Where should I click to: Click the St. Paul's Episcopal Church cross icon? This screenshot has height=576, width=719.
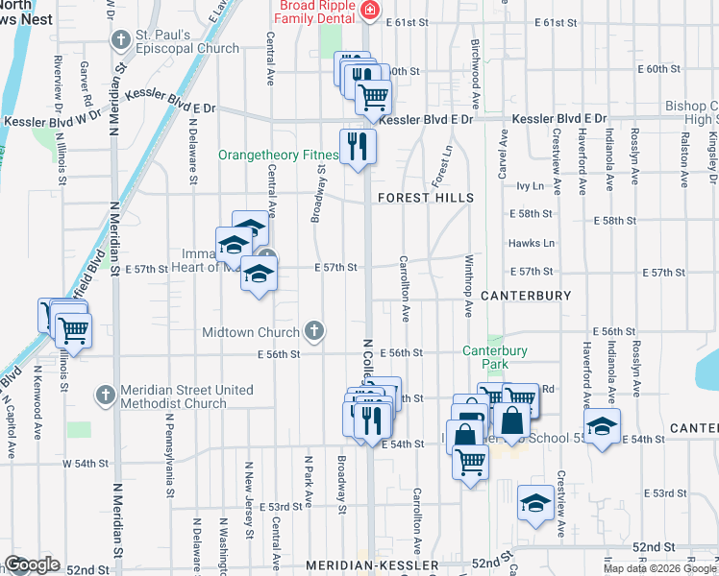(x=120, y=39)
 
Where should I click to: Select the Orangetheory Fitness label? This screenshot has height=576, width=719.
(x=279, y=155)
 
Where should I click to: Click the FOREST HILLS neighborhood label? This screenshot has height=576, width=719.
(x=426, y=198)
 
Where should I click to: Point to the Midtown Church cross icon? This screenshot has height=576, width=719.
(x=313, y=332)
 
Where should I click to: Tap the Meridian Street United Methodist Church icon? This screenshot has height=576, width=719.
(x=106, y=395)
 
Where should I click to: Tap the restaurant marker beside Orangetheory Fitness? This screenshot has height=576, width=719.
(x=358, y=147)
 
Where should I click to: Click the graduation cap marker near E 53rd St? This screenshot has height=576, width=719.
(x=534, y=503)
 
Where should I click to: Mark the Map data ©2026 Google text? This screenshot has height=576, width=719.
(x=659, y=568)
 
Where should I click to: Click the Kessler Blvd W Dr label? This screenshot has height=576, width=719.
(x=54, y=122)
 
